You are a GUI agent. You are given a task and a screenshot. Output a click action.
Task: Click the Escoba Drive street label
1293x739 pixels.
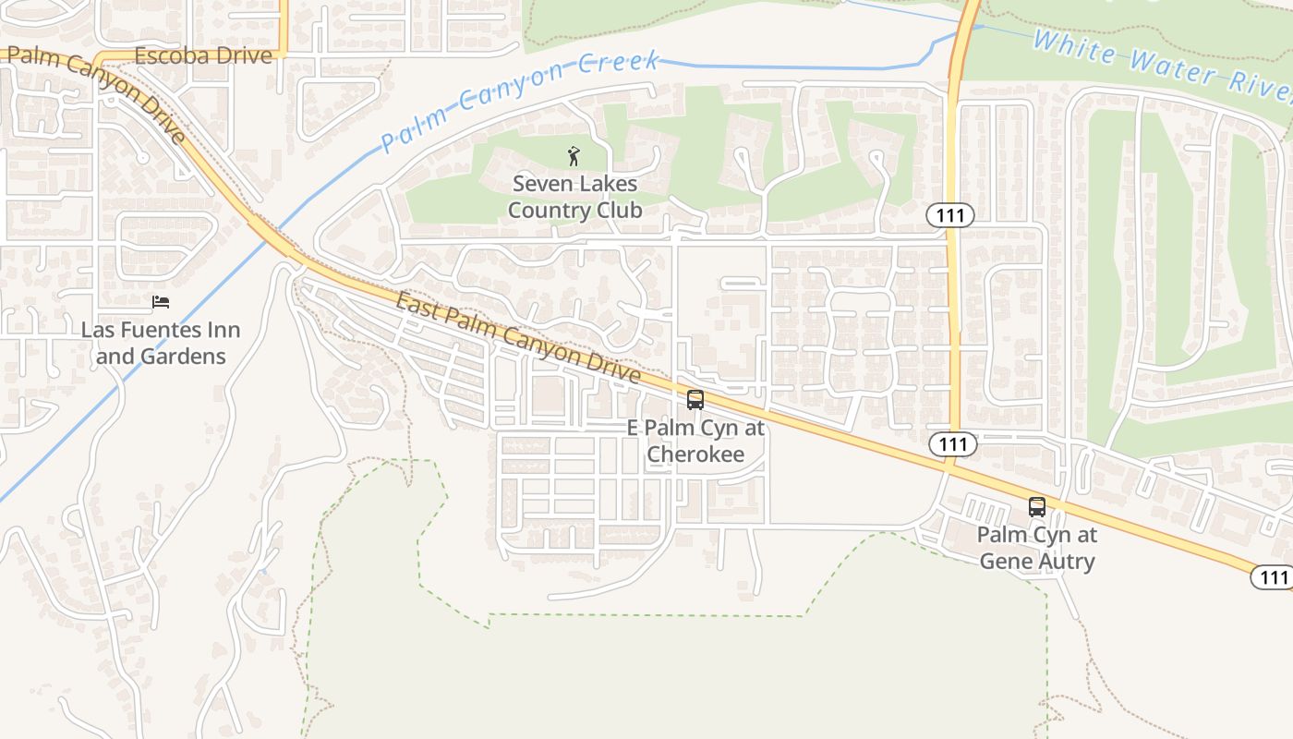pyautogui.click(x=203, y=55)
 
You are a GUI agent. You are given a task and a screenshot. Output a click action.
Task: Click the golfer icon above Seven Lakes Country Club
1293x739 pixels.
pyautogui.click(x=574, y=156)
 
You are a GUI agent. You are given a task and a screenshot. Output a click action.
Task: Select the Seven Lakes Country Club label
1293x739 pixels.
pyautogui.click(x=574, y=197)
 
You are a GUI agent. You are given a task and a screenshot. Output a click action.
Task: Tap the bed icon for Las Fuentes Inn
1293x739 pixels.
pyautogui.click(x=161, y=302)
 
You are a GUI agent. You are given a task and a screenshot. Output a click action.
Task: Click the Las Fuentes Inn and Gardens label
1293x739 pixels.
pyautogui.click(x=161, y=343)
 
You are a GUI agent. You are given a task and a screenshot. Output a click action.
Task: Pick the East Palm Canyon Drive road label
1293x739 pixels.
pyautogui.click(x=518, y=336)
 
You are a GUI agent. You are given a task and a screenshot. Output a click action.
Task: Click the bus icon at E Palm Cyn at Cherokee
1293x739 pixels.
pyautogui.click(x=695, y=400)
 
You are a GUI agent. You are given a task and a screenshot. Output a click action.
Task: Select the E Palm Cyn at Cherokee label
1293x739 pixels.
pyautogui.click(x=695, y=441)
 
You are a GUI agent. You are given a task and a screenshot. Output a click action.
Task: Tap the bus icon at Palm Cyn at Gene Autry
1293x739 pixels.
pyautogui.click(x=1037, y=507)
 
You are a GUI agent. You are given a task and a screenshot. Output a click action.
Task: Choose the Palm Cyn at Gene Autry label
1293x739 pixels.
pyautogui.click(x=1037, y=548)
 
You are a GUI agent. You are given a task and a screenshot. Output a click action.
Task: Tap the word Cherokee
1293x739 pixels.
pyautogui.click(x=695, y=454)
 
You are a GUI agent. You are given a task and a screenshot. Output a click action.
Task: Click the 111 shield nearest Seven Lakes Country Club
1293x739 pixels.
pyautogui.click(x=950, y=216)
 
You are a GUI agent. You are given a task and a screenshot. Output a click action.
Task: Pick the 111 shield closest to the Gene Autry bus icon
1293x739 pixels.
pyautogui.click(x=952, y=444)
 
